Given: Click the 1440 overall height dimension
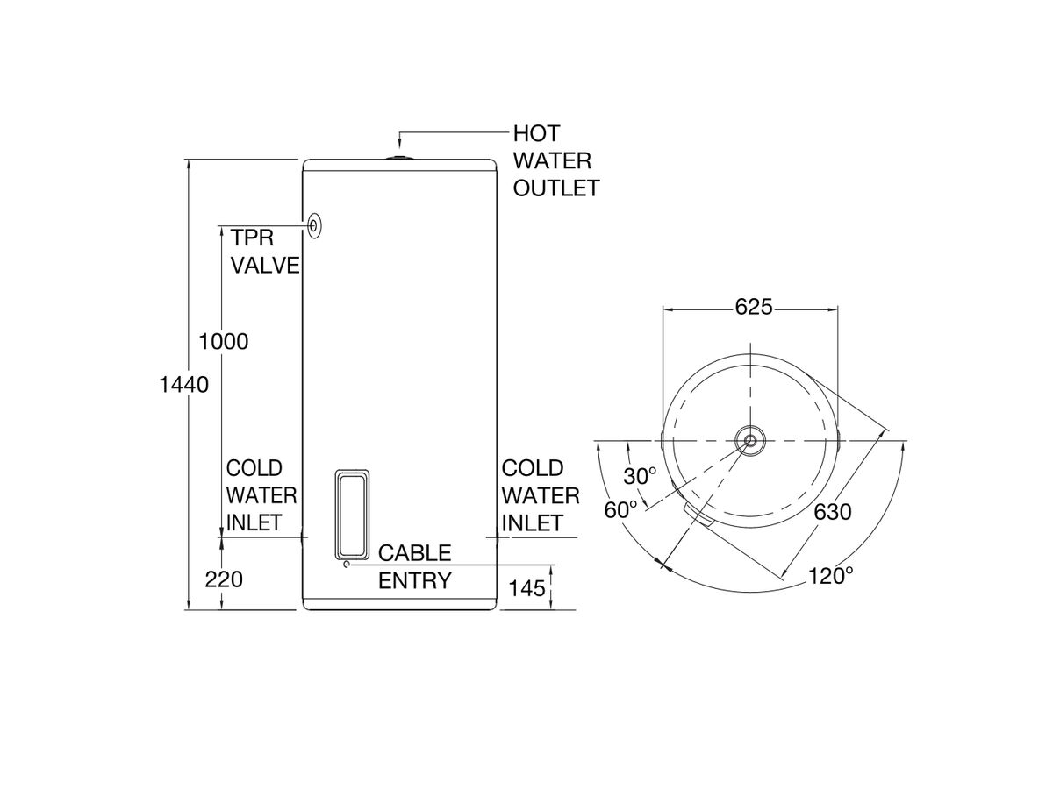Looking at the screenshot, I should point(183,384).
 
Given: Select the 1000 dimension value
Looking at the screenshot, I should point(224,342).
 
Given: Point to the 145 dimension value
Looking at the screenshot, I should point(526,589).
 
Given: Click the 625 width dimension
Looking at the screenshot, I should point(753,307).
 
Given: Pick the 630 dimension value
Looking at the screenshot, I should point(832,512).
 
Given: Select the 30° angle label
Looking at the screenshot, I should point(640,476).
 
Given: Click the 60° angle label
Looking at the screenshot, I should point(621,509).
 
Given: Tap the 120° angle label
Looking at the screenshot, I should point(830,576).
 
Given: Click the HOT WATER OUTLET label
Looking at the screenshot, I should point(555,161).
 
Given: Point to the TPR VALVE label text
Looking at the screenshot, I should point(264,252).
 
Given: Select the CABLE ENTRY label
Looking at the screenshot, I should point(414,566).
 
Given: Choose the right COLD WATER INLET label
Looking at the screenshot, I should point(540,495).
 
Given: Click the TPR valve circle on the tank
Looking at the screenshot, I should point(314,225).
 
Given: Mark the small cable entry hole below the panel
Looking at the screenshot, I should point(347,565).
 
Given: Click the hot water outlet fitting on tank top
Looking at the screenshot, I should point(399,158).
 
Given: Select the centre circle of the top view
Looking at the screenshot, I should point(750,439).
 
